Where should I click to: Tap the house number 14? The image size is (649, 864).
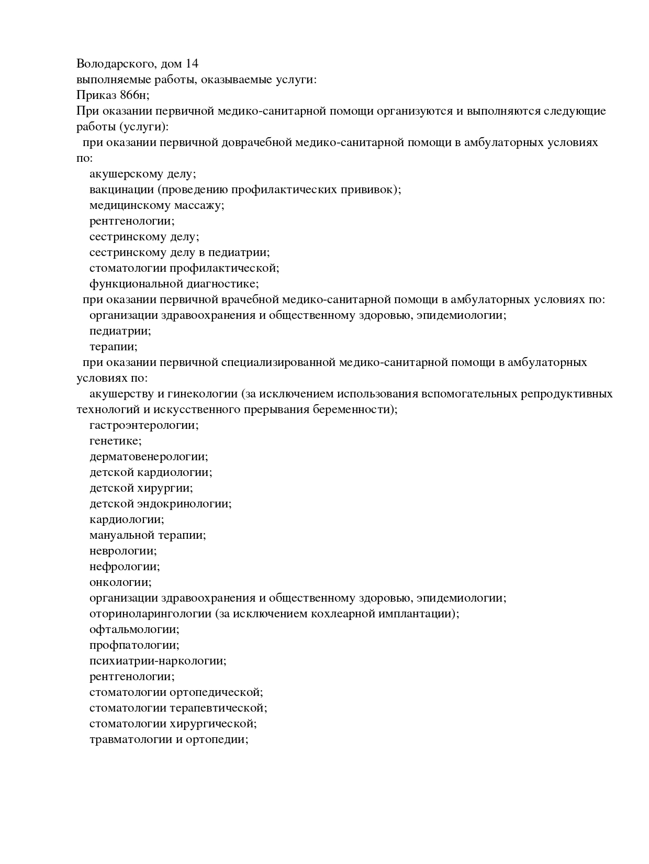[192, 64]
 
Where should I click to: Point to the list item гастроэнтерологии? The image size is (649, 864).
[144, 425]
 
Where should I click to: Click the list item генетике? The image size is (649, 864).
[115, 441]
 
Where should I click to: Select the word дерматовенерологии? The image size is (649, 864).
[149, 457]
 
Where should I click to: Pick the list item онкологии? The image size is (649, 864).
[120, 582]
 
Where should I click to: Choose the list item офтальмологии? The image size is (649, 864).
[134, 629]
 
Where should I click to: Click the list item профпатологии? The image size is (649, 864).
[134, 645]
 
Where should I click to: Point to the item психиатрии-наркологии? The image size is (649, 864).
[158, 661]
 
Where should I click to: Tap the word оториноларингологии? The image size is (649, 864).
[150, 614]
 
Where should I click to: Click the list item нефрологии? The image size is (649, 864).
[124, 567]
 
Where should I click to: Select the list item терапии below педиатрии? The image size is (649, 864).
[113, 347]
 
